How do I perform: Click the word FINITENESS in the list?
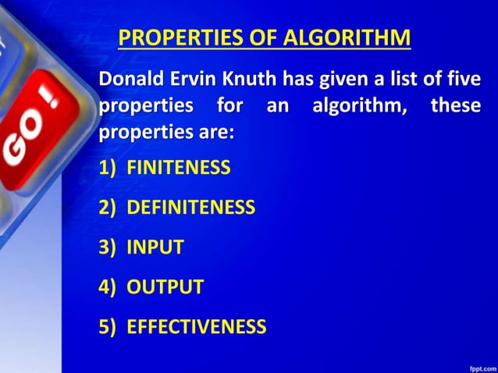179,167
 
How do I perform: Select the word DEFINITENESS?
191,208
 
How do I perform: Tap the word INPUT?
155,247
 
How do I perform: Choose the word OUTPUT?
165,287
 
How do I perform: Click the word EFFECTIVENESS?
197,326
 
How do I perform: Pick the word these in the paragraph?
456,106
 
